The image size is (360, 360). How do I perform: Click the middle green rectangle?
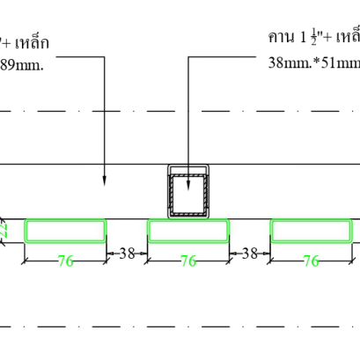188,231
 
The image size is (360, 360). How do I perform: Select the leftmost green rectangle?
65,231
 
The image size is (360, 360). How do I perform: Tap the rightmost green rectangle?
312,231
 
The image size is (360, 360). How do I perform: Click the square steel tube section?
188,192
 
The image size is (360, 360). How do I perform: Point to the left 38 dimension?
127,253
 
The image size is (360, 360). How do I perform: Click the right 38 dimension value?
250,253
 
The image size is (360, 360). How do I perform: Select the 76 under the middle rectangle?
188,261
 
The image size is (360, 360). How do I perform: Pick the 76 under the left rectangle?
65,261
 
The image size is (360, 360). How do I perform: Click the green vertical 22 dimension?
4,230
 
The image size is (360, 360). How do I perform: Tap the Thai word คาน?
281,38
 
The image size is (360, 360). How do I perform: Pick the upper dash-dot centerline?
176,112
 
